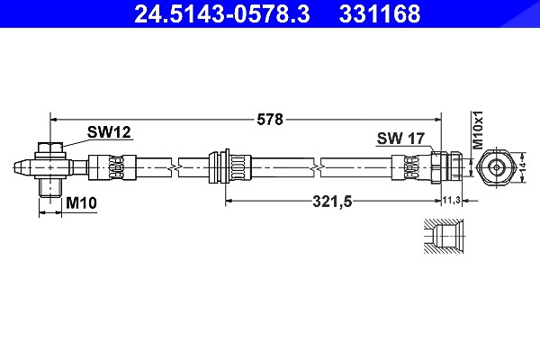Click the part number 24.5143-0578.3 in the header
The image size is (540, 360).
[x=221, y=14]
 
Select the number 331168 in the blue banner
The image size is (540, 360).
[x=380, y=14]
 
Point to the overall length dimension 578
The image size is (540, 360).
[x=270, y=120]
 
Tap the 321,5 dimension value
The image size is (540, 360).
[x=332, y=202]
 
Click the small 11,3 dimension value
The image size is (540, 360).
[x=452, y=200]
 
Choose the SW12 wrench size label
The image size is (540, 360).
[x=109, y=132]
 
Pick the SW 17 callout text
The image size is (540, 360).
[x=400, y=139]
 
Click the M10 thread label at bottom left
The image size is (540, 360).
[x=81, y=202]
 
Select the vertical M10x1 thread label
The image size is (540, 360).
[x=478, y=130]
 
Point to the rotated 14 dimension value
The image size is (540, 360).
[x=522, y=167]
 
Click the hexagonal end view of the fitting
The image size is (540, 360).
[x=496, y=167]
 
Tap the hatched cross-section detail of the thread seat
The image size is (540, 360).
[x=444, y=237]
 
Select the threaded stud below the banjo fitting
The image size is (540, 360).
[x=50, y=188]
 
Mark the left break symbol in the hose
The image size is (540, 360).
[x=175, y=167]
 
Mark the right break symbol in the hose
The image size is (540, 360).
[x=317, y=167]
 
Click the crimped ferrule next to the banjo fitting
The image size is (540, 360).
[x=112, y=167]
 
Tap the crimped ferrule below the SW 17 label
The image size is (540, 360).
[x=411, y=167]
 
